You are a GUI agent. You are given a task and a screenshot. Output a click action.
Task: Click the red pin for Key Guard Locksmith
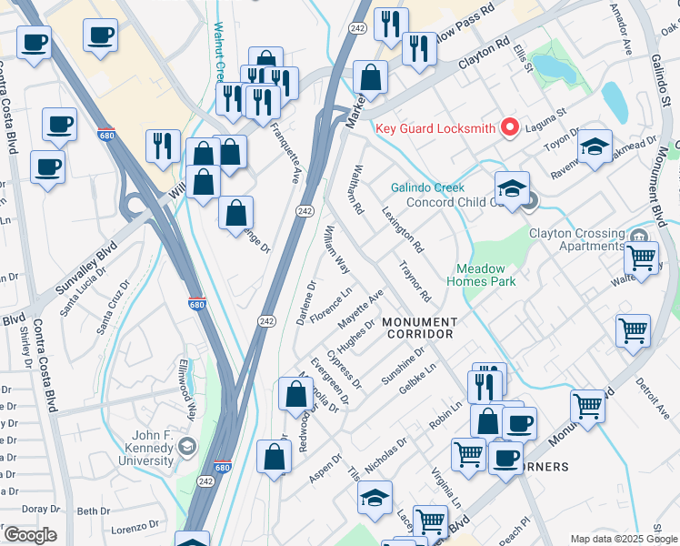[510, 128]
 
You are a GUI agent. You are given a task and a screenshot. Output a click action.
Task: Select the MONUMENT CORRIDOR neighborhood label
[419, 329]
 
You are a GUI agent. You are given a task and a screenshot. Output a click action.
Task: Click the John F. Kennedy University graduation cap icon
[187, 446]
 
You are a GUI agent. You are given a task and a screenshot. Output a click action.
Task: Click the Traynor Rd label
[415, 283]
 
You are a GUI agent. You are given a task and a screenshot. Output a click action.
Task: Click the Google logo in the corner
[30, 535]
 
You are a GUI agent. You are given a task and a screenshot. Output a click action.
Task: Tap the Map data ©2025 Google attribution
[623, 539]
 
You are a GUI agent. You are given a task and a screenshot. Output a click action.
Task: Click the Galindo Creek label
[427, 187]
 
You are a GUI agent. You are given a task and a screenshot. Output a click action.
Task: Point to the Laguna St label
[548, 116]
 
